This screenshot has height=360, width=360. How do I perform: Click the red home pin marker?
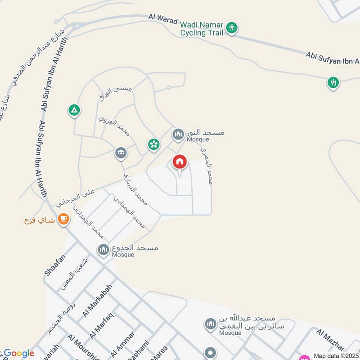point(180,162)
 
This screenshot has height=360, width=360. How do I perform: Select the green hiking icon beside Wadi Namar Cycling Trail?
point(232,28)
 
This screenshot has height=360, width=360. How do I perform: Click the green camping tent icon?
point(74,110)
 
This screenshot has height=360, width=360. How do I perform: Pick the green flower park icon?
point(154,144)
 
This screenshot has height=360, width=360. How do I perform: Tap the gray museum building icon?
point(121,153)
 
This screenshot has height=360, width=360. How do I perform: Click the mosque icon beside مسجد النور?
point(178,134)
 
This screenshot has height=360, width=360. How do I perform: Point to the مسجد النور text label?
point(206,133)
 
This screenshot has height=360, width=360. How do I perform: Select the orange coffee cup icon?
point(63,220)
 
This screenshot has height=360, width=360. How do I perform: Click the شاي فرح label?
point(40,220)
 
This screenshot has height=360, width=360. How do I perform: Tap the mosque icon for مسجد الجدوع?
point(103,249)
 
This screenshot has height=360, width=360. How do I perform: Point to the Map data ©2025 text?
point(336,355)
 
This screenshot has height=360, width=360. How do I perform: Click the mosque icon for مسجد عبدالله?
point(210,324)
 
